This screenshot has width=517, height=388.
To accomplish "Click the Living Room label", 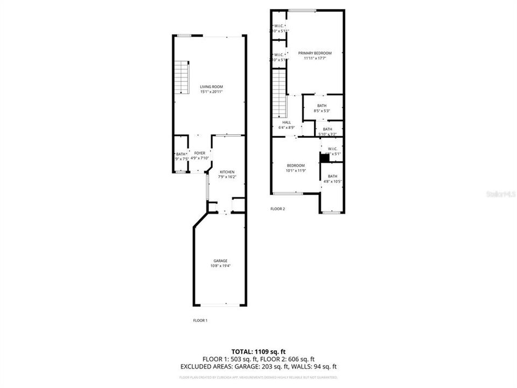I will click(x=211, y=87).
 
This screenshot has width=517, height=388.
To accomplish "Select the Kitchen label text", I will click(x=227, y=172).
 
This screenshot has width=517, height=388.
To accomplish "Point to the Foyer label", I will click(x=199, y=154).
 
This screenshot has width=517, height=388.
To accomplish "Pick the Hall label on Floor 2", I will click(x=287, y=122).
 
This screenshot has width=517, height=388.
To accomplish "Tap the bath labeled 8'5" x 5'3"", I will click(x=322, y=106).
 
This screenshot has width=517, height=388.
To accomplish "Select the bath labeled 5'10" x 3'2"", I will click(x=327, y=129).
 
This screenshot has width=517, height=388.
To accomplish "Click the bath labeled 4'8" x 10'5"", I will click(x=332, y=176).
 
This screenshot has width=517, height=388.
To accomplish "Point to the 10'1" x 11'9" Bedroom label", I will click(x=295, y=165).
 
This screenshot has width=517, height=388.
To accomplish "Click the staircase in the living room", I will click(x=181, y=78).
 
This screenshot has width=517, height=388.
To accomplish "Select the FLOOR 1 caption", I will click(x=200, y=321).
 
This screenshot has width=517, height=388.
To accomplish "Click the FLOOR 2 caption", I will click(x=277, y=209).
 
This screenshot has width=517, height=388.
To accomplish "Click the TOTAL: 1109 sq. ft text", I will click(x=258, y=351).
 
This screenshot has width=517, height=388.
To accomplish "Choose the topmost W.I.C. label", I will click(x=279, y=26).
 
